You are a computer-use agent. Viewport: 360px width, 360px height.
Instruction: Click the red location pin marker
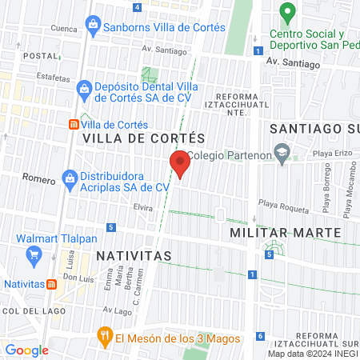[x=181, y=162]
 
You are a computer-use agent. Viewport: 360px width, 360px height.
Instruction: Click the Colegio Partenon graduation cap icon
[x=282, y=152]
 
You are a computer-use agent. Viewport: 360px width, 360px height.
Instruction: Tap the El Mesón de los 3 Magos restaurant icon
[x=103, y=335]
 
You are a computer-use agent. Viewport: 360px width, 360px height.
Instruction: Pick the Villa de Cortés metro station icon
[x=74, y=125]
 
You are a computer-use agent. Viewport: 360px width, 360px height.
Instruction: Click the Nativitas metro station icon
[x=51, y=282]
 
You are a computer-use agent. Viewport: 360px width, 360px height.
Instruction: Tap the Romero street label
[x=38, y=178]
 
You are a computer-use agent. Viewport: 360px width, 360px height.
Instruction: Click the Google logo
[x=26, y=350]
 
